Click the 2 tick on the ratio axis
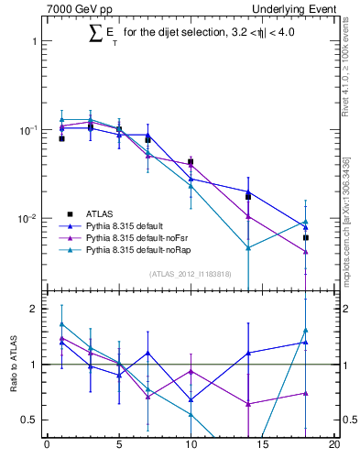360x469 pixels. tap(35, 309)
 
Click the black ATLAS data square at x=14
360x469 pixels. tap(248, 196)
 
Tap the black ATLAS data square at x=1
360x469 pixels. tap(61, 138)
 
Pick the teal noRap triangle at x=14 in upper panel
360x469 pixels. tap(248, 247)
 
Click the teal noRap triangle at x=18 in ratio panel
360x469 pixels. tap(306, 331)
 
